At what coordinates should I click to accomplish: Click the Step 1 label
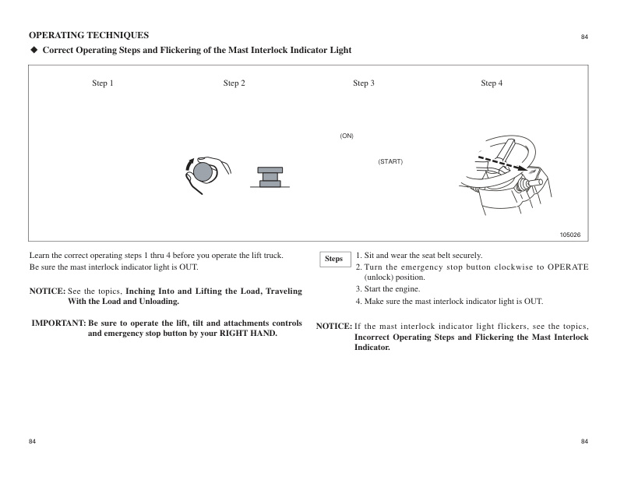103,83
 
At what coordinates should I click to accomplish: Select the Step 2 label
234,83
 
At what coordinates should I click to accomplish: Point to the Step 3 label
364,83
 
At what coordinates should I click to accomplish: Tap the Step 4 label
492,83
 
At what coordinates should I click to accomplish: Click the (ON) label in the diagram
347,136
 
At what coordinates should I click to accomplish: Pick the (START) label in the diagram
390,161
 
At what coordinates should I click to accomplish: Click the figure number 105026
570,235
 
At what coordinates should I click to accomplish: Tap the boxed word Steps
333,259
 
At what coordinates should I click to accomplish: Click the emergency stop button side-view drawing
270,178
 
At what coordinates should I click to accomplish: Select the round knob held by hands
204,171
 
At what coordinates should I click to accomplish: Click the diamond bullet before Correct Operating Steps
33,51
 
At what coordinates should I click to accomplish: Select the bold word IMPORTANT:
58,323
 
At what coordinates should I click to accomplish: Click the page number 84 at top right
584,37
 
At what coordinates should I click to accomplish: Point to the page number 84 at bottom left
33,442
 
